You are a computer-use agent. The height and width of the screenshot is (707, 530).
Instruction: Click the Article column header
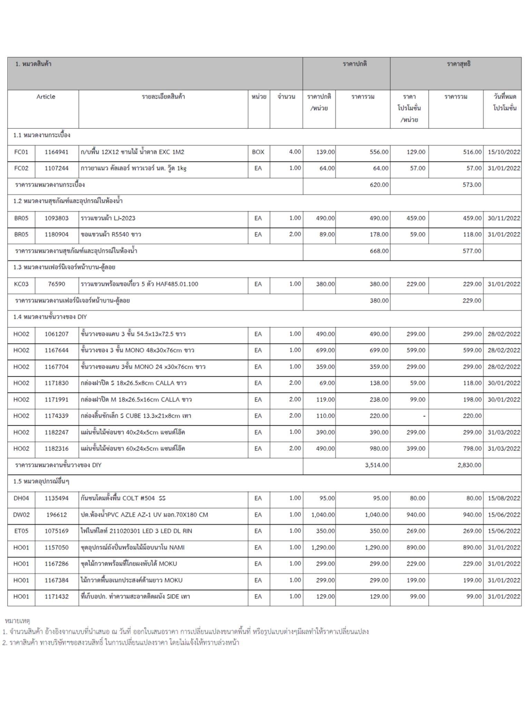46,97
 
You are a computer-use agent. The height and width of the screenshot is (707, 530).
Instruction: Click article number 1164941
57,152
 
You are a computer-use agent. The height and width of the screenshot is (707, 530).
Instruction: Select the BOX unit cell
258,152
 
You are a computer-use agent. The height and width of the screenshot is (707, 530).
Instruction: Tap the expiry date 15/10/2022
504,152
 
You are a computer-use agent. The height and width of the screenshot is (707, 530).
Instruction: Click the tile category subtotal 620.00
379,185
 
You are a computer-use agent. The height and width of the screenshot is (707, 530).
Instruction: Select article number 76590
57,284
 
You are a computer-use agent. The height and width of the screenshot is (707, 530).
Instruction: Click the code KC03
21,284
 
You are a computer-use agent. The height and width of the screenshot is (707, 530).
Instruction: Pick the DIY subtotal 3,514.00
377,465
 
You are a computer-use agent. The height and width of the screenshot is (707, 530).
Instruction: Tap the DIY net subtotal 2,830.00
469,465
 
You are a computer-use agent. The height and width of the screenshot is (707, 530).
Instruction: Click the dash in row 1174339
424,416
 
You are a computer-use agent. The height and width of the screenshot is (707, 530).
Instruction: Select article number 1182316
57,448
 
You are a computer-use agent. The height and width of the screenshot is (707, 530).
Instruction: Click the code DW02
21,515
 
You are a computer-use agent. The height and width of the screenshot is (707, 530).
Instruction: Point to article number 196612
57,515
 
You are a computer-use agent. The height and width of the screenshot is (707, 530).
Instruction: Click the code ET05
21,531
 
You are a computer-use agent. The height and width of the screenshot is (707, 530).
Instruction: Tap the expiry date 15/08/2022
504,498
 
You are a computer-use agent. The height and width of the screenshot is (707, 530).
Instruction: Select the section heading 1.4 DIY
50,317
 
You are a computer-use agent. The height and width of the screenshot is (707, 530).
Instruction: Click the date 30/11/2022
504,218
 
